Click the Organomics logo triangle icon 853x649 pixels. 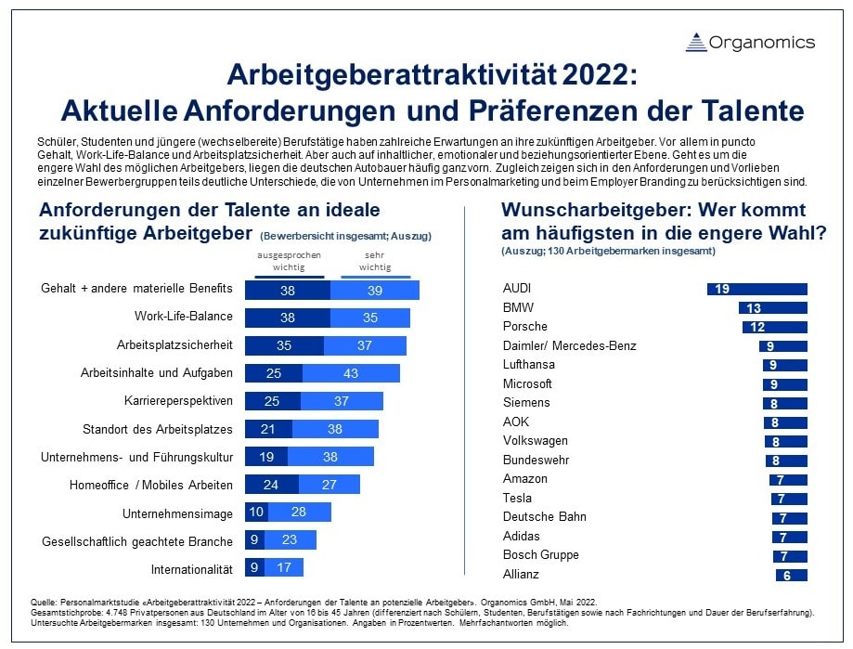696,42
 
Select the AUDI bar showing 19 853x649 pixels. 757,289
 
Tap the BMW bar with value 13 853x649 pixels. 773,307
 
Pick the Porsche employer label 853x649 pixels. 524,327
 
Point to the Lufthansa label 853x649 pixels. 528,365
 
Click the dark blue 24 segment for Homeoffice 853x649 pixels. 270,485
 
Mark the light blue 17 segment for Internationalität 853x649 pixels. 284,568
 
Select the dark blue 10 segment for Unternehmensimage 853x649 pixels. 255,513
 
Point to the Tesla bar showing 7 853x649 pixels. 788,499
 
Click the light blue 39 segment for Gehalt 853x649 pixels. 374,290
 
